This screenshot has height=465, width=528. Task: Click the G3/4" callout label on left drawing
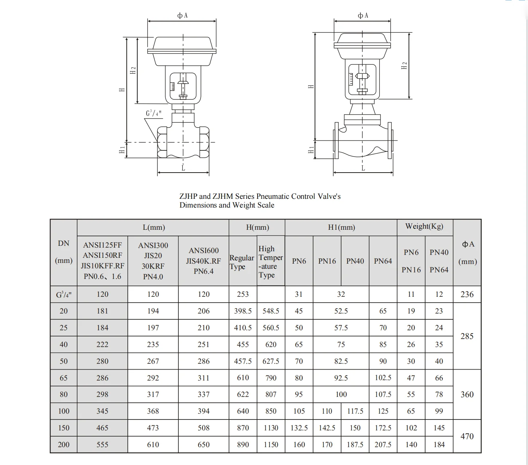(x=153, y=113)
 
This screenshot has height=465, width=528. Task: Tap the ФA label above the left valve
(x=182, y=15)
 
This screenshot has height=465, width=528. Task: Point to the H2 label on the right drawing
(x=404, y=66)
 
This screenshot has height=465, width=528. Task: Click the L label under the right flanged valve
(x=363, y=168)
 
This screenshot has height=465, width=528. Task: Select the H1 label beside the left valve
(x=122, y=150)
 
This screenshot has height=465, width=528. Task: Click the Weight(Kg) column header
(x=424, y=226)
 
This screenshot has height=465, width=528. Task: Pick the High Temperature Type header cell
(x=270, y=261)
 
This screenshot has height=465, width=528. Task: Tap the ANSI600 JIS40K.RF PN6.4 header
(x=204, y=261)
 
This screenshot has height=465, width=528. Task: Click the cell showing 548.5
(x=271, y=311)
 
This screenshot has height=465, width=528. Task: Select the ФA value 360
(x=467, y=394)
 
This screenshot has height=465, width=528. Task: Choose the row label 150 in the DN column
(x=63, y=428)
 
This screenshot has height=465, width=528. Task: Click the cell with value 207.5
(x=383, y=445)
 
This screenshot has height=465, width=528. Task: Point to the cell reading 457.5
(x=243, y=361)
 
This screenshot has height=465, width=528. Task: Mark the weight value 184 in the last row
(x=439, y=445)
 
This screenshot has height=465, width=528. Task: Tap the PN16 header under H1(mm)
(x=327, y=261)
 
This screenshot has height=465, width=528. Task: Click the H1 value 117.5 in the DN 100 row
(x=355, y=411)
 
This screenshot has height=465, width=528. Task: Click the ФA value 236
(x=467, y=294)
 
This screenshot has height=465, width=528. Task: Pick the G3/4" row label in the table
(x=63, y=295)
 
